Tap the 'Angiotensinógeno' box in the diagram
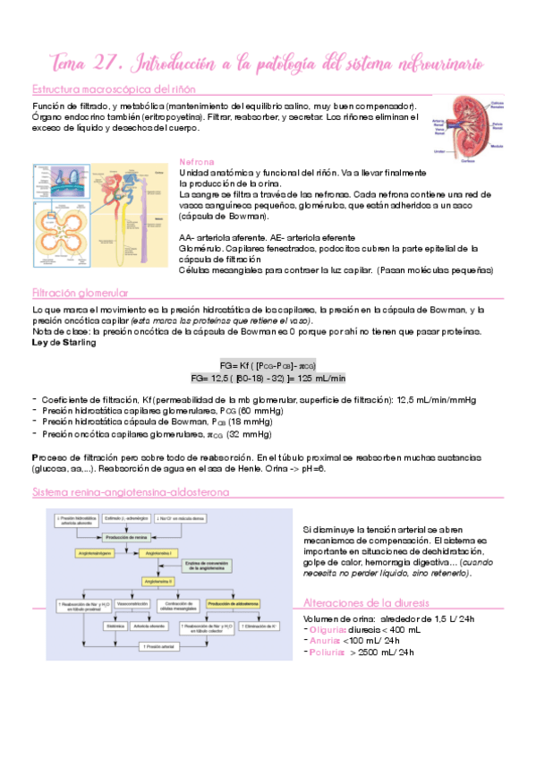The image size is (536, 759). [85, 554]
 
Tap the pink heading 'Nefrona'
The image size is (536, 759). [197, 162]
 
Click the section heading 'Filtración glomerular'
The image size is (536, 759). [80, 293]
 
